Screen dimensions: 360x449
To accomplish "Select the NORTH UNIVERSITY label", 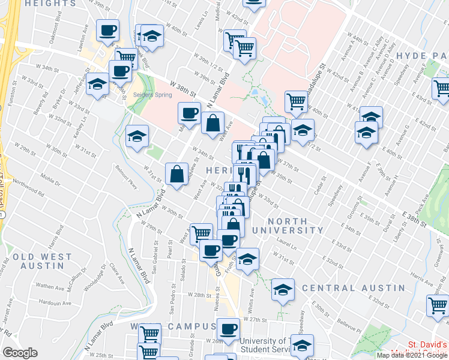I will click(x=296, y=225).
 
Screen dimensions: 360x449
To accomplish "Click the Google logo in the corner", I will click(x=20, y=352).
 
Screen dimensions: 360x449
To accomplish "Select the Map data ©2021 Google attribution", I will click(x=412, y=355).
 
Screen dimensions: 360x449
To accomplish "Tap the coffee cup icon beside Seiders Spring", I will click(x=120, y=71).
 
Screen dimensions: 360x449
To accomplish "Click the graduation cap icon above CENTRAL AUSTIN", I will click(x=283, y=290).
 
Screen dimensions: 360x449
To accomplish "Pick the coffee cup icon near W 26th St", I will click(x=228, y=328).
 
